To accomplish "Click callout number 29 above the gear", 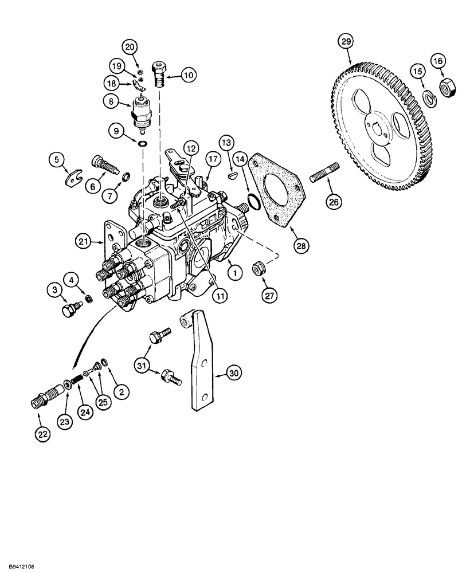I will [x=346, y=42].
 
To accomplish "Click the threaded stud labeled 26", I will [x=325, y=174].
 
